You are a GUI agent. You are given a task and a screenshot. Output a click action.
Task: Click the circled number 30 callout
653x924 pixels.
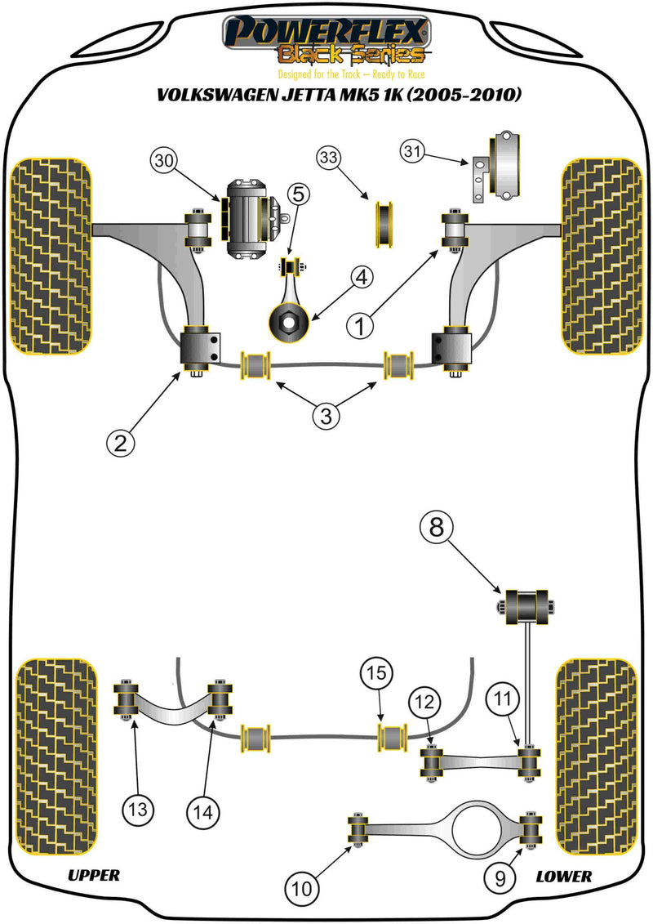pos(163,161)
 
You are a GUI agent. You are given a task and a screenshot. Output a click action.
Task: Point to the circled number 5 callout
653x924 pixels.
pos(298,194)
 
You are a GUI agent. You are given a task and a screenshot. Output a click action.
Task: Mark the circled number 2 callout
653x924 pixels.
pos(120,443)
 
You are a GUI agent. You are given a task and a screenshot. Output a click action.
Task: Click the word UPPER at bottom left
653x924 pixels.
pos(93,876)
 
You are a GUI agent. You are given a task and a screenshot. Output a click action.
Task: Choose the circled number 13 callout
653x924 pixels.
pos(137,811)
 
